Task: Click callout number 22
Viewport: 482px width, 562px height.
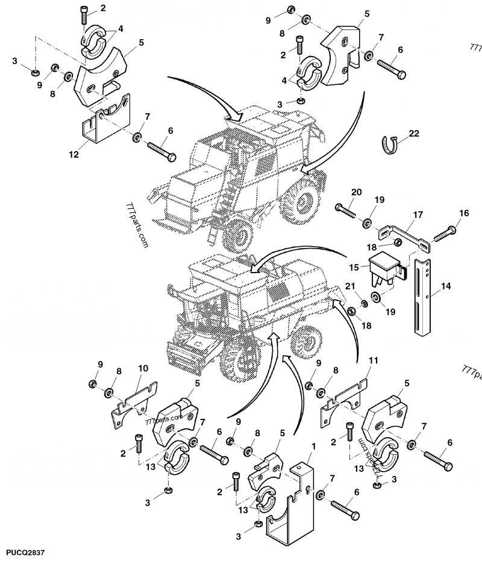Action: pyautogui.click(x=414, y=134)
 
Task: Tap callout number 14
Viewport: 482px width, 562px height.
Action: pyautogui.click(x=445, y=287)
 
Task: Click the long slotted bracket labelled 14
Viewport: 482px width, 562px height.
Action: pyautogui.click(x=421, y=295)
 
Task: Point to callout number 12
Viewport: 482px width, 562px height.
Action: pyautogui.click(x=74, y=155)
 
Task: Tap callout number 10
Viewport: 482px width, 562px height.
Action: pyautogui.click(x=143, y=368)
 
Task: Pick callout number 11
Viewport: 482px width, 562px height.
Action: pyautogui.click(x=373, y=361)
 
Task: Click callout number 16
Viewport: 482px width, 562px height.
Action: pyautogui.click(x=464, y=213)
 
